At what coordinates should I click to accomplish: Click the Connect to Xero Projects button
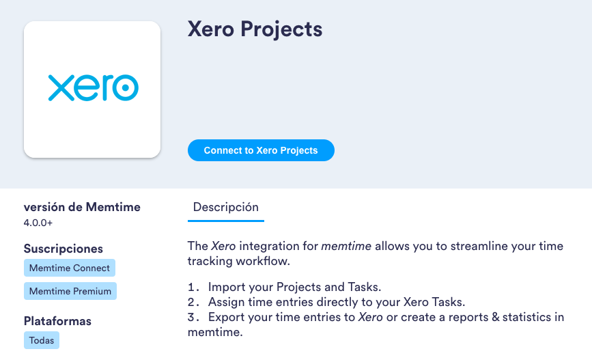[x=261, y=150]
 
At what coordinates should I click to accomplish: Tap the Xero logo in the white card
[x=93, y=88]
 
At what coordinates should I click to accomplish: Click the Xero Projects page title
[x=255, y=29]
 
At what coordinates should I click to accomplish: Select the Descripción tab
[x=225, y=207]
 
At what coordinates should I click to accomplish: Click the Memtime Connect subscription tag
[x=70, y=268]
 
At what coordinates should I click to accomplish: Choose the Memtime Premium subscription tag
[x=70, y=291]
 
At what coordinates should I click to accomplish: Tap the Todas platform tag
[x=42, y=340]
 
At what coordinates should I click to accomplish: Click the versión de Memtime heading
[x=82, y=207]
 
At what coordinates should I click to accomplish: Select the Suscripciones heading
[x=64, y=249]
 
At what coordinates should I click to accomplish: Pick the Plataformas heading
[x=57, y=321]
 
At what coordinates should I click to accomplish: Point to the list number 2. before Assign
[x=193, y=302]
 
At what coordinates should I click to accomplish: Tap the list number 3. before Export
[x=193, y=317]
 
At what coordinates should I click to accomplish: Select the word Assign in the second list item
[x=225, y=302]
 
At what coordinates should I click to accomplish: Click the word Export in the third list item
[x=225, y=317]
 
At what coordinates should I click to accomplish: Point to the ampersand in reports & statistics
[x=496, y=317]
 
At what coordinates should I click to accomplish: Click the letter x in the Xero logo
[x=60, y=88]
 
